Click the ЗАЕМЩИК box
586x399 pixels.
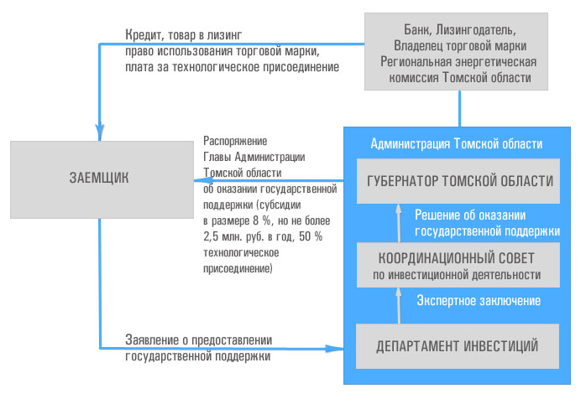(x=102, y=179)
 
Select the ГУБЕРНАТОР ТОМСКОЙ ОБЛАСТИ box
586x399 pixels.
(x=458, y=181)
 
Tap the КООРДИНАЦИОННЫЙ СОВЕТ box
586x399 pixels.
(x=458, y=265)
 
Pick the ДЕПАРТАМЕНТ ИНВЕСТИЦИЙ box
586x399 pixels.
(x=458, y=346)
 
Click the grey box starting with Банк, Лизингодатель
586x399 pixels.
(x=457, y=51)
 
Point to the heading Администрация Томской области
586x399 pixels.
(x=457, y=143)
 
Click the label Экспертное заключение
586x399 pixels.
(x=479, y=300)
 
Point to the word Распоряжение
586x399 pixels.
(x=235, y=141)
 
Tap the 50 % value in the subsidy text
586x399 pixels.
(x=311, y=236)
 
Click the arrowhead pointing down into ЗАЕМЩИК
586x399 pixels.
(x=99, y=132)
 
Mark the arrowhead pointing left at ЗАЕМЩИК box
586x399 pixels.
(x=203, y=181)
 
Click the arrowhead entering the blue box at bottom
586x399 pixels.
(x=334, y=349)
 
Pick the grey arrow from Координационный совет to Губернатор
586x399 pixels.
(x=399, y=223)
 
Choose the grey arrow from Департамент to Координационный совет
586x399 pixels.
(x=399, y=305)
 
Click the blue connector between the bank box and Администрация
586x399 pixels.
(x=459, y=109)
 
